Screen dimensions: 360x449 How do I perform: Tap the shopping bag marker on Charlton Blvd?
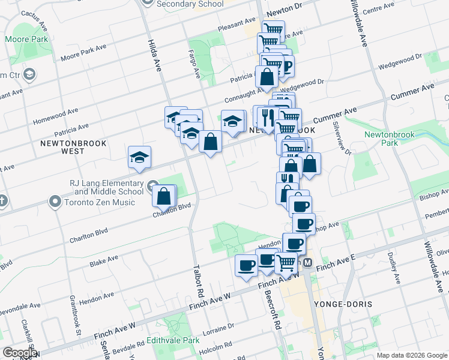(x=164, y=196)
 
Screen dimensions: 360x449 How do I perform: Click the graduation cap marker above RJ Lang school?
(x=139, y=158)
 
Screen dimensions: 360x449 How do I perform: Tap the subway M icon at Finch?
(x=307, y=263)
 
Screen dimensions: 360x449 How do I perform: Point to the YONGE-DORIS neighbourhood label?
(x=343, y=304)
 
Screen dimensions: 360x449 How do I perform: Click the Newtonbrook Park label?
(x=390, y=139)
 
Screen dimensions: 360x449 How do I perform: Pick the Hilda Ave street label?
(x=154, y=55)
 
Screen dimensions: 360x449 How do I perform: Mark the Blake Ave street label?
(x=103, y=261)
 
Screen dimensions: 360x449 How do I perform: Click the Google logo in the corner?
(x=20, y=353)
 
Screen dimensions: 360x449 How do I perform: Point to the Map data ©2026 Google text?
(x=411, y=355)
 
